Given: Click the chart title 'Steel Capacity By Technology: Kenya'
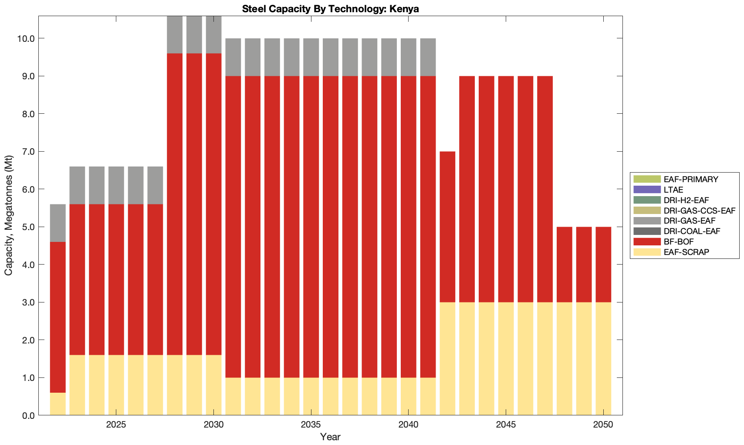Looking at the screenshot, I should coord(331,9).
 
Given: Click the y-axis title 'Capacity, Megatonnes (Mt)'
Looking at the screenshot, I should coord(9,216).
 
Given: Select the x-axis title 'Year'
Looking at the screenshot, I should coord(330,437).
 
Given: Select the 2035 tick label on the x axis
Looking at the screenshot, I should coord(311,425).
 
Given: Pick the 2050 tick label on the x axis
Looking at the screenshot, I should coord(603,425).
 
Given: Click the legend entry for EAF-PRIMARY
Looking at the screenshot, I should coord(690,179).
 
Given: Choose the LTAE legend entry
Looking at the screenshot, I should coord(673,190).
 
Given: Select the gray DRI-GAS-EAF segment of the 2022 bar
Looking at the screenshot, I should coord(58,223).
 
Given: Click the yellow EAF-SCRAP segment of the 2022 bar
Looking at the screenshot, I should coord(58,404).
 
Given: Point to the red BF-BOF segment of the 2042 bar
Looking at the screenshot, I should coord(447,227).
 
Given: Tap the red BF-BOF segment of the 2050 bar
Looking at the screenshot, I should coord(603,265).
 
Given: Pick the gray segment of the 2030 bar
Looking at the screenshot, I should coord(213,35).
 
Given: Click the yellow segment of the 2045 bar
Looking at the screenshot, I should coord(506,359).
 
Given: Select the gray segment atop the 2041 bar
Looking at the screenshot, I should coord(428,57).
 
